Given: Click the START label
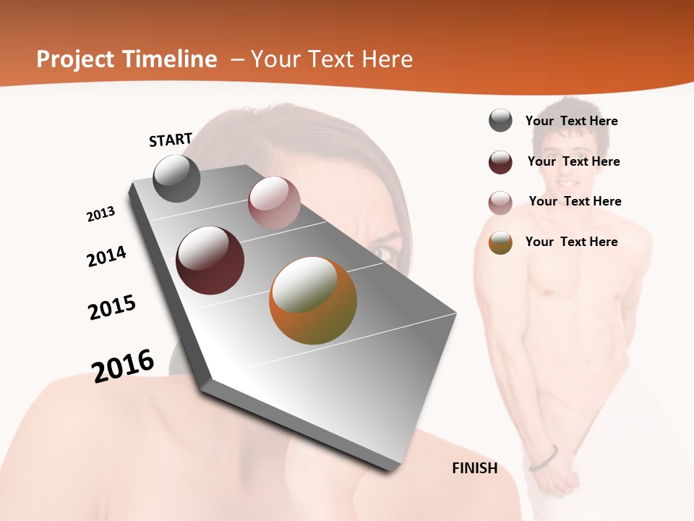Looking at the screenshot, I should coord(171,140).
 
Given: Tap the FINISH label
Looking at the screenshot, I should coord(475,468).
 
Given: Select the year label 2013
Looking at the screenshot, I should coord(101,214).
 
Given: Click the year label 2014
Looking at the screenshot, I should coord(107,256).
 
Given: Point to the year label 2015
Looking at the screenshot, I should coord(112,308).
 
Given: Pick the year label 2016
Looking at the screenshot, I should coord(123,366).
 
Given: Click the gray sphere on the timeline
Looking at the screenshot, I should coord(176,179).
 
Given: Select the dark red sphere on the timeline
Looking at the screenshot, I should coord(210,260).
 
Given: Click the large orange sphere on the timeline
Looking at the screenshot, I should coord(313,300).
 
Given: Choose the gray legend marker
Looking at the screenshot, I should coord(500,121).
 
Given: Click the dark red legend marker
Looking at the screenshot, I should coord(500,162).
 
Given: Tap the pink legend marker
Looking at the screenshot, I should coord(500,203).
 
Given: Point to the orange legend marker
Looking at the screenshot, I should coord(500,242).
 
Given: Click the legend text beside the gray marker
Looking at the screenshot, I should coord(571,121).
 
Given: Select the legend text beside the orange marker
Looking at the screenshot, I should coord(571,242).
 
